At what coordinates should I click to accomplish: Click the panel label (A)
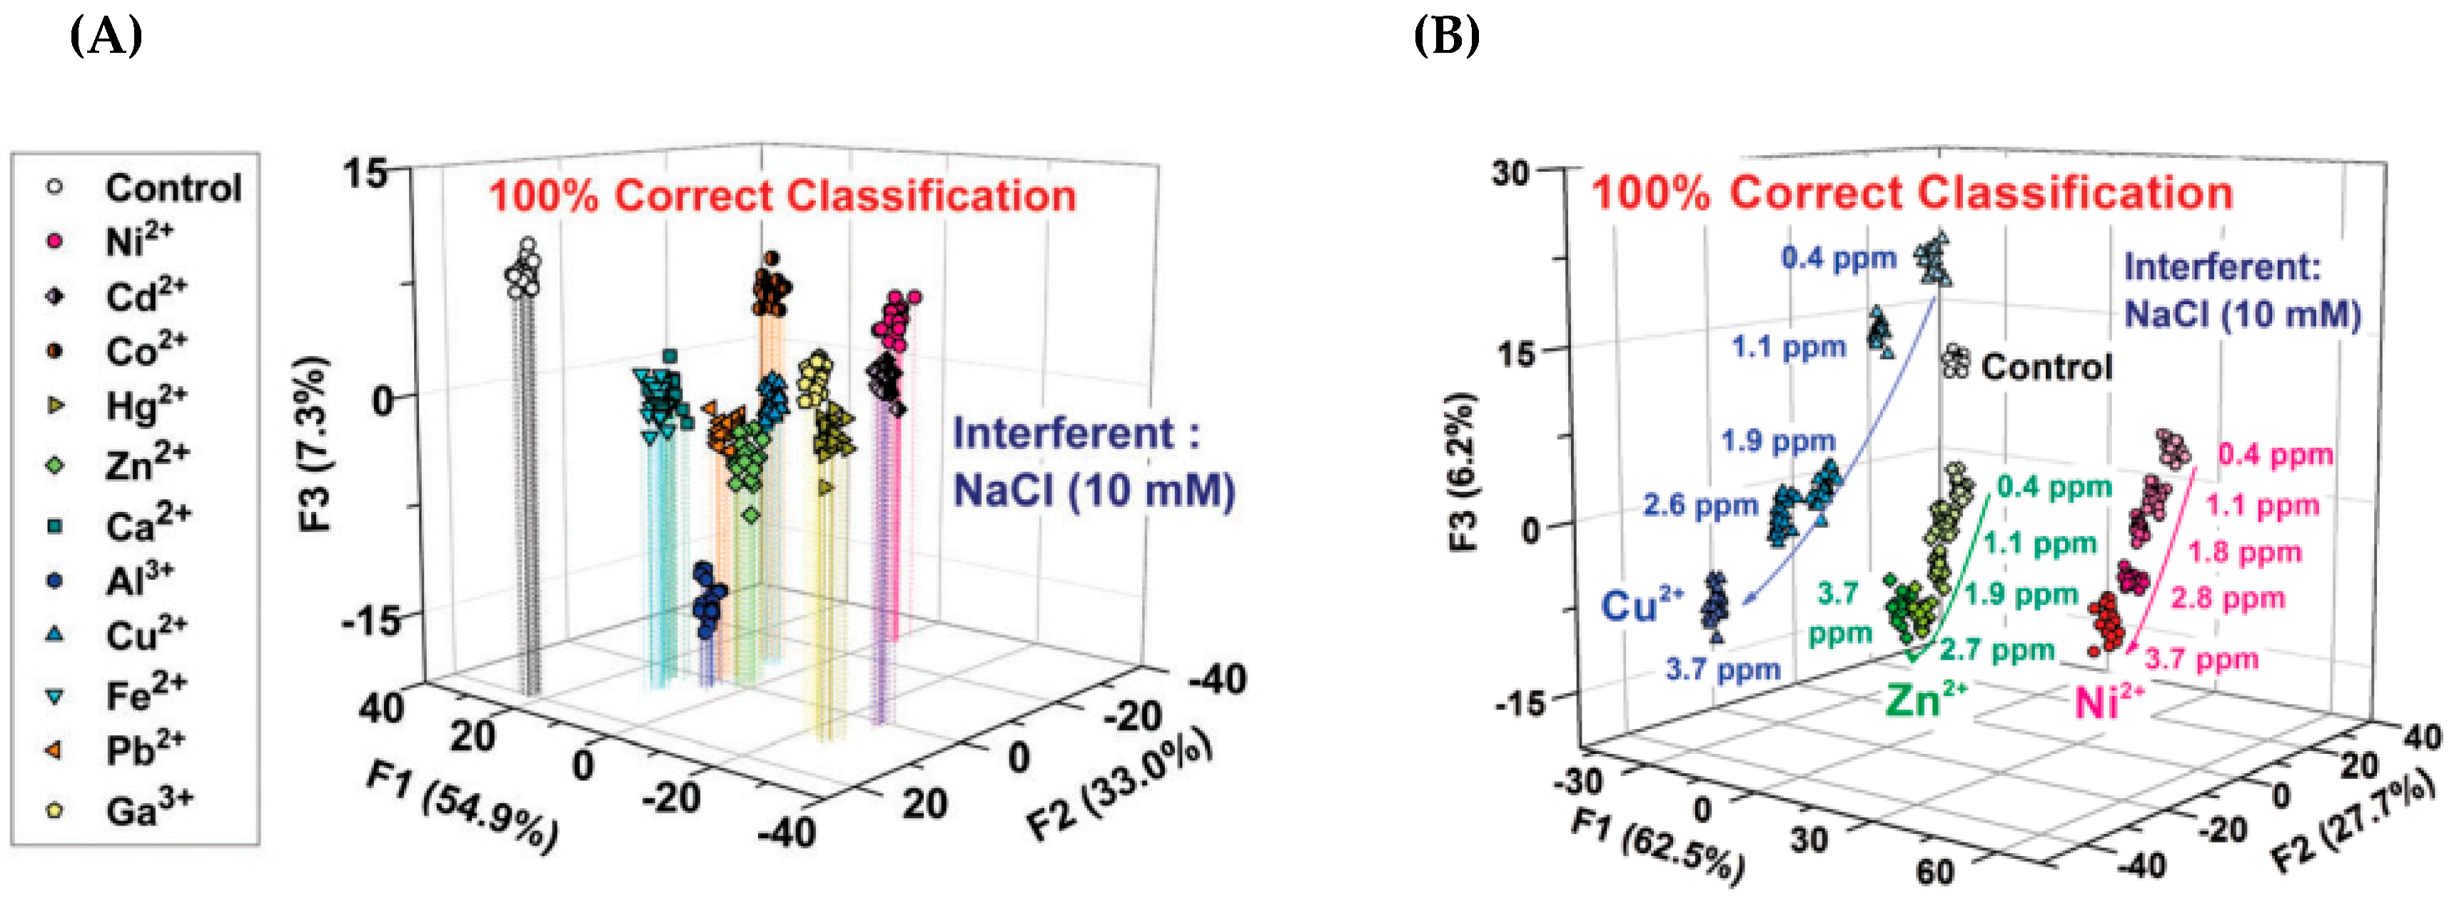click(x=106, y=36)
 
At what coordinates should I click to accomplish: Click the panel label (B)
click(x=1446, y=36)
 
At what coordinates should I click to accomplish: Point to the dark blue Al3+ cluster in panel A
click(x=708, y=599)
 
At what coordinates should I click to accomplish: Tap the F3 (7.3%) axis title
click(x=314, y=443)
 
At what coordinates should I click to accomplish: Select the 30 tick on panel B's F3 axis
click(x=1510, y=173)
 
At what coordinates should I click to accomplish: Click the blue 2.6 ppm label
click(x=1699, y=505)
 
